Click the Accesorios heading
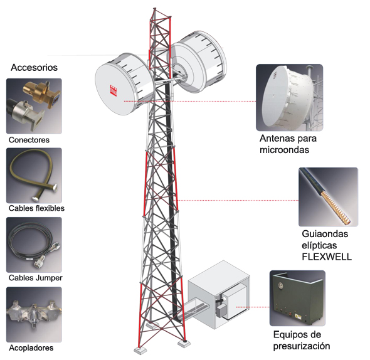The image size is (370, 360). (x=34, y=68)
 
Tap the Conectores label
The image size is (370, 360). (x=29, y=140)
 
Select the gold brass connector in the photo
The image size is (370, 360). (x=40, y=93)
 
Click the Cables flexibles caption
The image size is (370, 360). (x=36, y=208)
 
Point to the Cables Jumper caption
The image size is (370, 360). (x=36, y=278)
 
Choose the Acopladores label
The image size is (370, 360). (x=31, y=347)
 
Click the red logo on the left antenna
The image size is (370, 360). (x=114, y=90)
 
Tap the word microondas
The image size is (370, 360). (x=284, y=150)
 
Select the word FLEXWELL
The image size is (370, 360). (x=327, y=257)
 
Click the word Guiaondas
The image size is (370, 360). (x=325, y=234)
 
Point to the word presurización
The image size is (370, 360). (x=302, y=346)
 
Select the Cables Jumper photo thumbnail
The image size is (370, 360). (x=34, y=245)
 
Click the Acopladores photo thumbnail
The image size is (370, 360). (x=34, y=314)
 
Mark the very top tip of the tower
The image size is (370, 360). (x=154, y=8)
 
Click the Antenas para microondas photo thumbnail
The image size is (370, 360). (x=290, y=97)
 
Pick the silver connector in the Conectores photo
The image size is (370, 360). (x=25, y=114)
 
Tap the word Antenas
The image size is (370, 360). (x=275, y=139)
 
